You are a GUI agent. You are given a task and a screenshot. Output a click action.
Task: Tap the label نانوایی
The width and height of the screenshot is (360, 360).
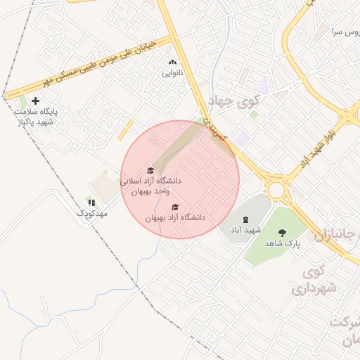pyautogui.click(x=173, y=73)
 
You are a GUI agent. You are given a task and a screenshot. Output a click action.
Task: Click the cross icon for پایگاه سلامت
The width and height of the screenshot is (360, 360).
pyautogui.click(x=35, y=101)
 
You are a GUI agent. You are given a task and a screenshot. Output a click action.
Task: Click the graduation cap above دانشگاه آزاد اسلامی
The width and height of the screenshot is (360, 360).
pyautogui.click(x=150, y=170)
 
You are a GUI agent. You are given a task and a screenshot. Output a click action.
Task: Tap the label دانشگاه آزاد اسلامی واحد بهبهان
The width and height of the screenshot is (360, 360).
pyautogui.click(x=151, y=186)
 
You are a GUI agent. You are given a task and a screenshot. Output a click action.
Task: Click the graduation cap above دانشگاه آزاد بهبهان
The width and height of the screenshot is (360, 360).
pyautogui.click(x=175, y=207)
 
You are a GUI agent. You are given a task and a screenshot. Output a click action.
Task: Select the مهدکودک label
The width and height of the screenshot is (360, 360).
pyautogui.click(x=91, y=212)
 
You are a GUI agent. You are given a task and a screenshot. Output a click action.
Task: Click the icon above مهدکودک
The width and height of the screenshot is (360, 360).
pyautogui.click(x=91, y=202)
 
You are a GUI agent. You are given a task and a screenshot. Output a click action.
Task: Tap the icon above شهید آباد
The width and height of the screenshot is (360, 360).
pyautogui.click(x=245, y=220)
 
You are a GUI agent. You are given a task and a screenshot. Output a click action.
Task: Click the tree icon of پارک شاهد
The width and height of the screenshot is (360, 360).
pyautogui.click(x=283, y=233)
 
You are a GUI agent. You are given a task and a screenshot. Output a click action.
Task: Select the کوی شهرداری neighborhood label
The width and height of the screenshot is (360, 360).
pyautogui.click(x=314, y=280)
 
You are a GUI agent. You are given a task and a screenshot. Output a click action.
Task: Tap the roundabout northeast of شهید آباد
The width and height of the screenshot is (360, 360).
pyautogui.click(x=276, y=190)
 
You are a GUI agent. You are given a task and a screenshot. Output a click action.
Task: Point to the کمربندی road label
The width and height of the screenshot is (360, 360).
pyautogui.click(x=216, y=129)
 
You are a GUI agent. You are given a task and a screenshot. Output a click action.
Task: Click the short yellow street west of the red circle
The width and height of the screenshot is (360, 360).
pyautogui.click(x=126, y=129)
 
